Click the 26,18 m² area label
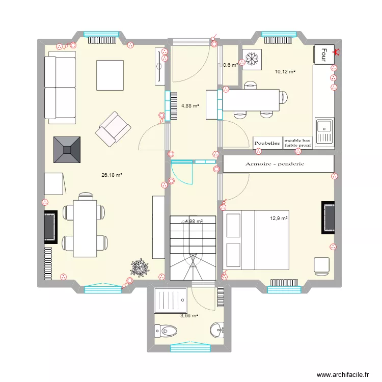(112, 175)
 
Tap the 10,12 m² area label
(285, 72)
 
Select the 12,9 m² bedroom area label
(279, 219)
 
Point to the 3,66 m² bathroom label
(188, 316)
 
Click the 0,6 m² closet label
(230, 65)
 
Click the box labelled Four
(323, 52)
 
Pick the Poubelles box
(267, 143)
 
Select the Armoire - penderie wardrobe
(278, 163)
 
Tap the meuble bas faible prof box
(297, 143)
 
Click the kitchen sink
(324, 131)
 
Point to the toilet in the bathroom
(166, 332)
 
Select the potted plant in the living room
(139, 266)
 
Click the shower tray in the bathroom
(171, 302)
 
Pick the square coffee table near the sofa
(110, 75)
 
